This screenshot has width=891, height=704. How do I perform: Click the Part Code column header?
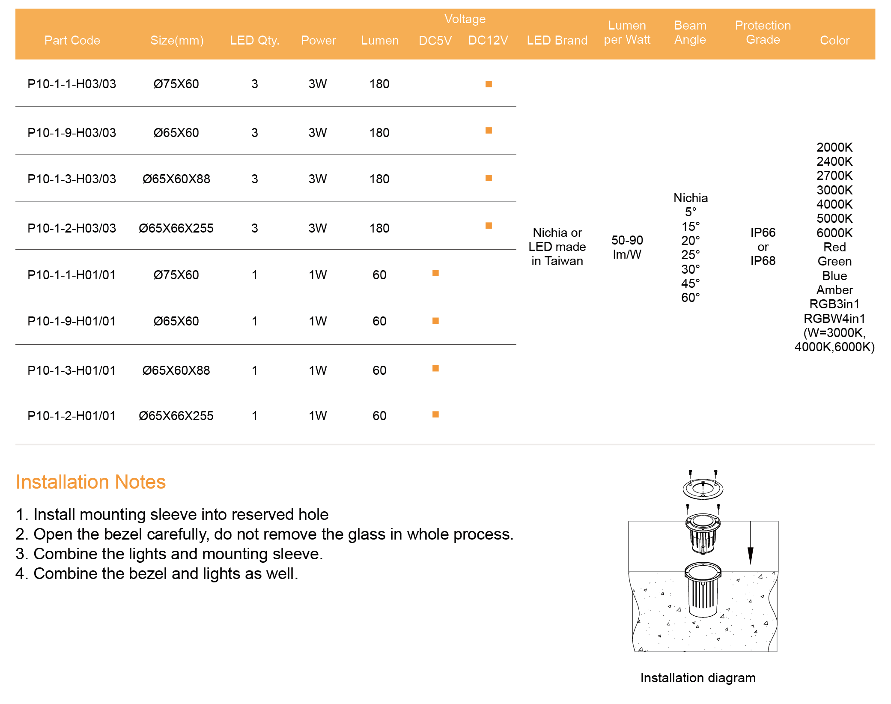tap(72, 40)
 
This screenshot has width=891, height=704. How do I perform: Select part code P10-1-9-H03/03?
tap(72, 133)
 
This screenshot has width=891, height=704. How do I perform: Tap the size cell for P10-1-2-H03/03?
tap(176, 228)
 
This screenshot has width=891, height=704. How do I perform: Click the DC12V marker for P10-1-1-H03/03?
tap(489, 84)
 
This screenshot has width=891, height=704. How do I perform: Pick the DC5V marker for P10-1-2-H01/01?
tap(435, 414)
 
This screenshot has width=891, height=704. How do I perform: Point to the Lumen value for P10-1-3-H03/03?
tap(379, 179)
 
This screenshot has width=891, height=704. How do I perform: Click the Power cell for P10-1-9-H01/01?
tap(318, 321)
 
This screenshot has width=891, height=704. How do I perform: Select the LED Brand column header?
tap(557, 40)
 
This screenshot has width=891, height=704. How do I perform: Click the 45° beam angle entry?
tap(691, 283)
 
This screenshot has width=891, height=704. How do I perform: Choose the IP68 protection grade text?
tap(763, 261)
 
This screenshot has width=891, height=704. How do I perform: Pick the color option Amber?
tap(834, 290)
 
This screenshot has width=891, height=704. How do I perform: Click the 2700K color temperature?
tap(834, 176)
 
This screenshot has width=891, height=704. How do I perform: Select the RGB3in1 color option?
tap(834, 304)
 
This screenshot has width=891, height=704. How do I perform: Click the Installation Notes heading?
tap(91, 482)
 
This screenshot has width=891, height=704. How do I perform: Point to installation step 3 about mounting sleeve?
tap(169, 554)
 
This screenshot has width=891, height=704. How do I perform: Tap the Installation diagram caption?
tap(698, 678)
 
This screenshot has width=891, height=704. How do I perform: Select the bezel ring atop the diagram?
tap(703, 489)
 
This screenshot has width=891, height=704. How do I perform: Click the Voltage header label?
tap(465, 19)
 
